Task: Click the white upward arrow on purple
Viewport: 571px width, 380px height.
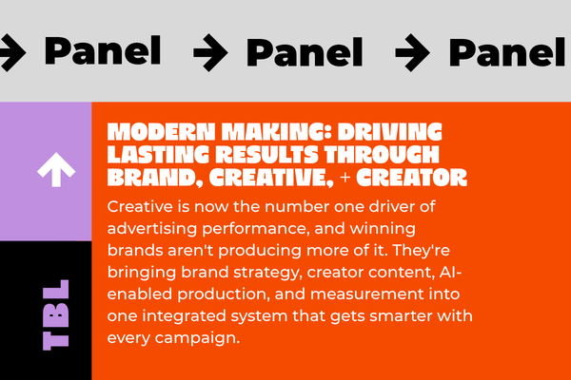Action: point(56,169)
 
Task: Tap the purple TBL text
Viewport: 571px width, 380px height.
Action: point(56,314)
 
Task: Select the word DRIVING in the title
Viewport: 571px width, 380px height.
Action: point(389,132)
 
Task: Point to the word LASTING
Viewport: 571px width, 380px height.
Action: point(158,155)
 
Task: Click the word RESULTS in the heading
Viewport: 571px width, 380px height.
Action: point(266,155)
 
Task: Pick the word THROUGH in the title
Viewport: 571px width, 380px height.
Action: point(382,155)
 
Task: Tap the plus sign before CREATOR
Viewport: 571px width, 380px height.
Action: point(345,178)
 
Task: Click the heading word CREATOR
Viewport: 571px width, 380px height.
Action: point(411,178)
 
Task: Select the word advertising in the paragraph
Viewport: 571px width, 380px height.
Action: point(152,229)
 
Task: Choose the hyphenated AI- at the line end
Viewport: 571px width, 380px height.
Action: point(450,272)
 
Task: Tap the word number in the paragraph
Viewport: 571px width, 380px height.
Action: point(297,206)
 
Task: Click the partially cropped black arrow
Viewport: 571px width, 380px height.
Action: point(11,52)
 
